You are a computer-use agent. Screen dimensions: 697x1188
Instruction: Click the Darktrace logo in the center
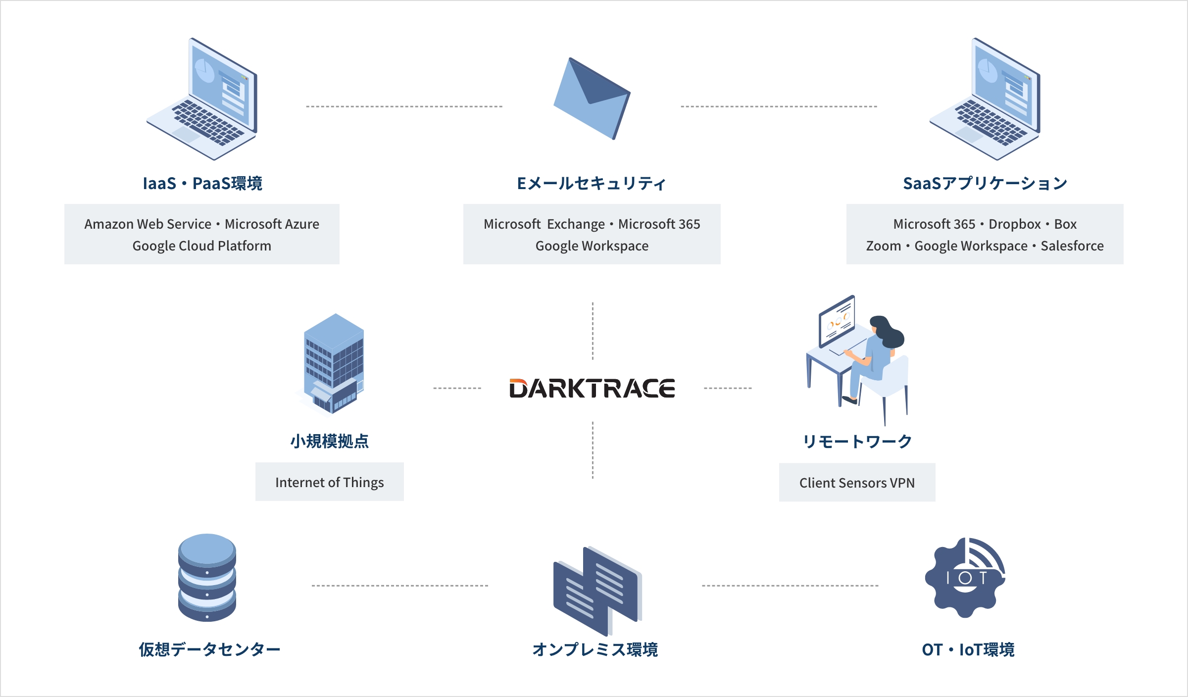point(592,389)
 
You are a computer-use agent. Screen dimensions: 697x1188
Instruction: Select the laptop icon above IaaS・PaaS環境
point(203,99)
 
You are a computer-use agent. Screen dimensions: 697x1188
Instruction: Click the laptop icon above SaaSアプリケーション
point(985,99)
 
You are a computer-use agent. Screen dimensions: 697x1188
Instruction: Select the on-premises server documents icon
point(597,590)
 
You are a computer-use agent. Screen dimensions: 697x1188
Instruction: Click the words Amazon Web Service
point(148,224)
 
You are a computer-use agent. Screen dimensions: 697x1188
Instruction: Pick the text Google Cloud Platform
point(201,246)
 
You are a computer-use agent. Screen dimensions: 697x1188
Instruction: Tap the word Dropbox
point(1014,224)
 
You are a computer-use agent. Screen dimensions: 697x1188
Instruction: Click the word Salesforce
point(1072,246)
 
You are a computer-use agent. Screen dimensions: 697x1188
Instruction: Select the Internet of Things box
point(329,482)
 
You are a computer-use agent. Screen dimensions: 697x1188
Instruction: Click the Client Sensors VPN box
point(857,483)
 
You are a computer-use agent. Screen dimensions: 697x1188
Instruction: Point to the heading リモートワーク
point(857,441)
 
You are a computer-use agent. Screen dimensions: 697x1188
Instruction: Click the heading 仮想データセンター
point(209,649)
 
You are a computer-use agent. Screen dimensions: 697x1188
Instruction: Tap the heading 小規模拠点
point(329,441)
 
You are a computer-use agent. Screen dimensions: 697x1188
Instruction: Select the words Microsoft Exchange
point(544,224)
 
